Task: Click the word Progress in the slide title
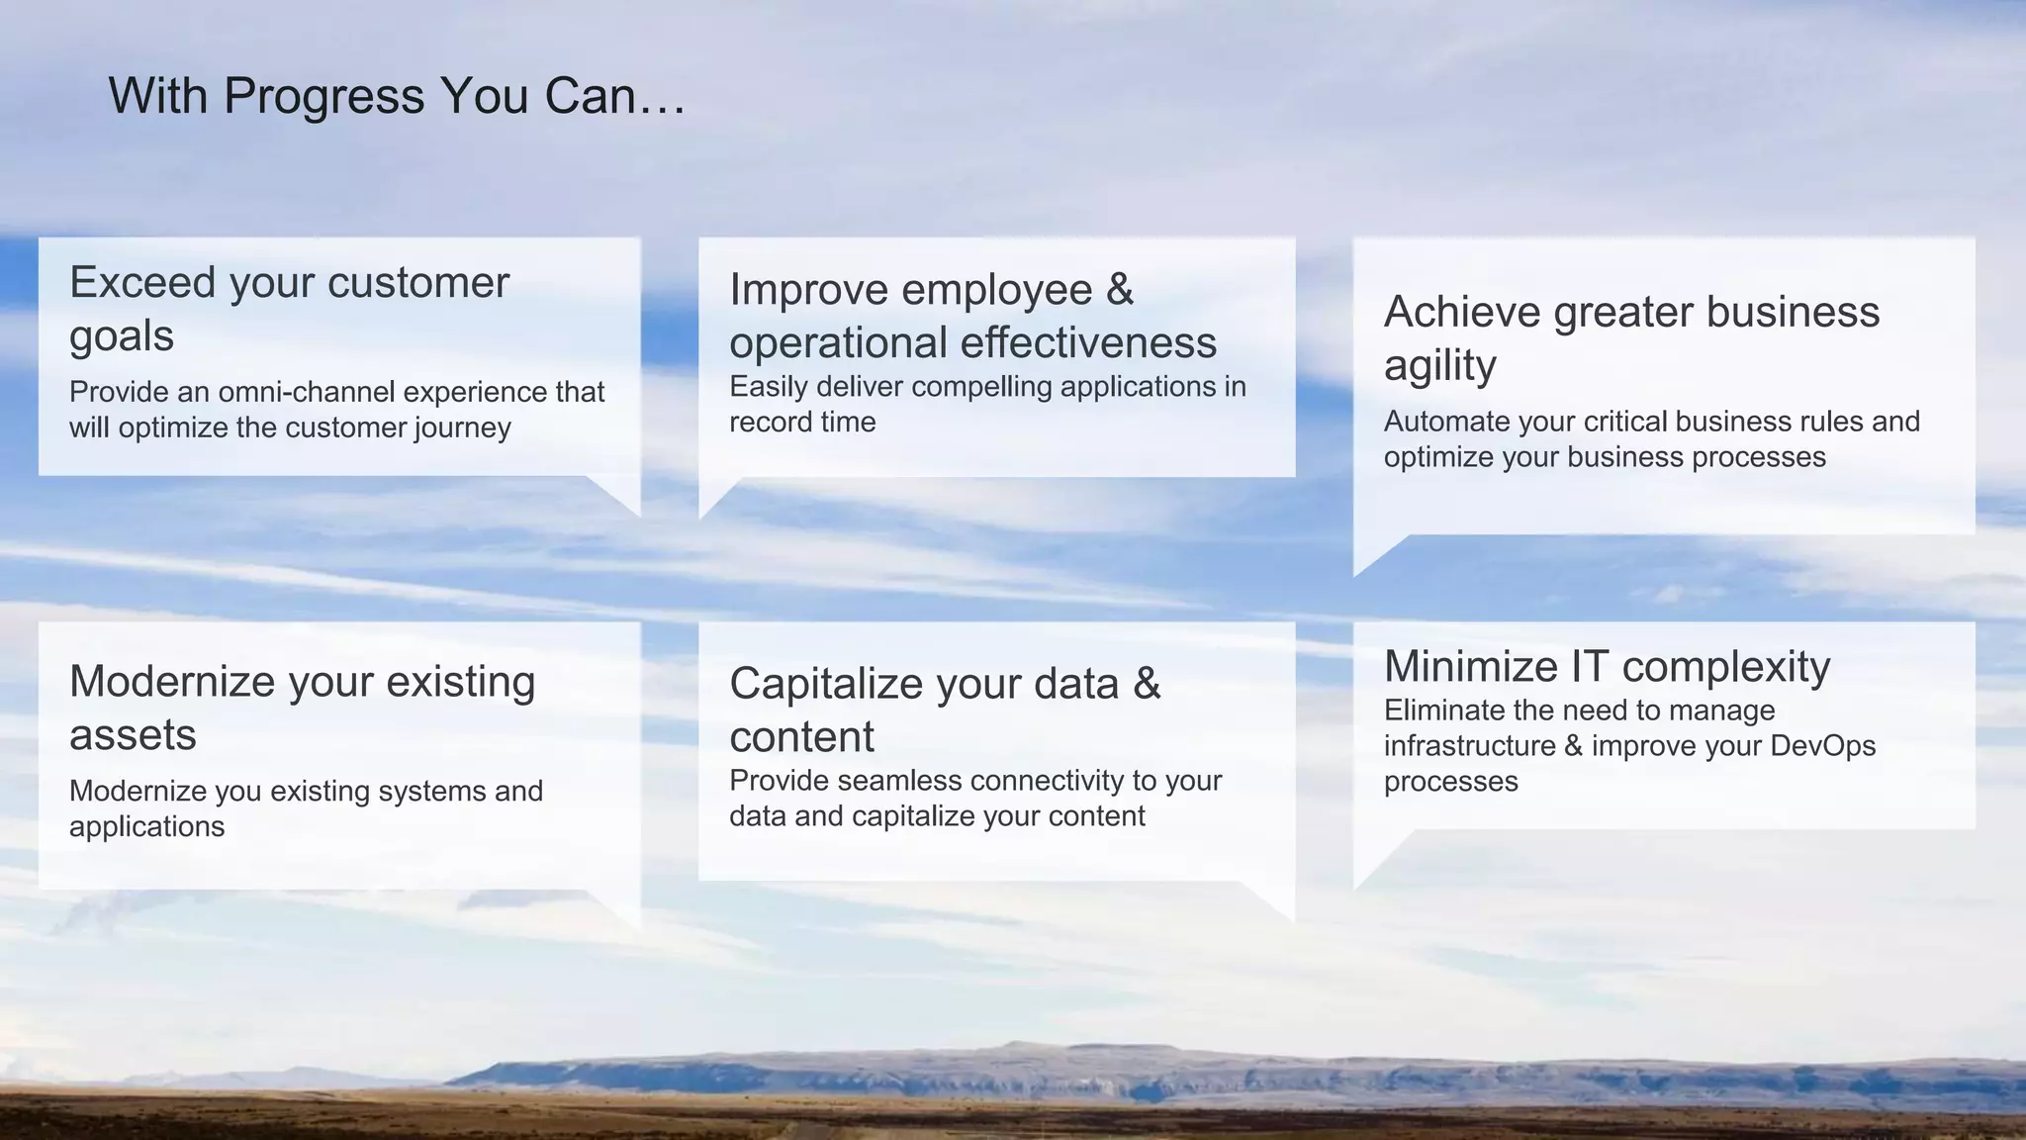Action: coord(323,97)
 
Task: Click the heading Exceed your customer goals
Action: coord(289,308)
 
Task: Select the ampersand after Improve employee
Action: coord(1120,289)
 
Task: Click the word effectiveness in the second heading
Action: coord(1088,342)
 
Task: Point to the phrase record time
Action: coord(802,423)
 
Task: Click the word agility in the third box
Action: coord(1439,365)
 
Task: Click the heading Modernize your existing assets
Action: coord(302,707)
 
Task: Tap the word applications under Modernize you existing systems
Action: coord(146,827)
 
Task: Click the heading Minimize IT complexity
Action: coord(1607,666)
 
